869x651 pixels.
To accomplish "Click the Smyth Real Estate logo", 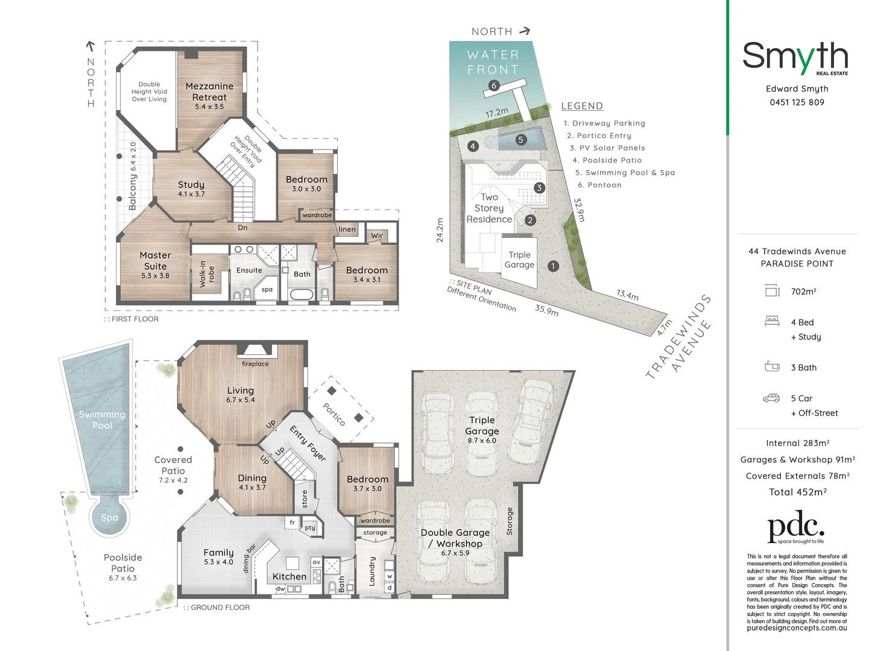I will [x=795, y=58].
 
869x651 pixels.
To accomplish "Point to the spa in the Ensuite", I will [x=267, y=289].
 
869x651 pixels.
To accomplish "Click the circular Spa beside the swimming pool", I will [x=109, y=517].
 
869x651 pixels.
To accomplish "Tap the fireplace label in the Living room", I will [x=255, y=363].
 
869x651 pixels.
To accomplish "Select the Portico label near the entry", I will [x=334, y=415].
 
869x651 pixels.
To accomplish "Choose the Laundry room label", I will [x=371, y=571].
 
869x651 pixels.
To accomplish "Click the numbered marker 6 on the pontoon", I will [x=494, y=86].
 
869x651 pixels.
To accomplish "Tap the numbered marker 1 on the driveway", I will [x=553, y=266].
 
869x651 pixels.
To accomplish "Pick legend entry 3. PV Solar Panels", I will [x=607, y=148].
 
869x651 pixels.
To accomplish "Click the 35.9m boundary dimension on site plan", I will [x=546, y=310].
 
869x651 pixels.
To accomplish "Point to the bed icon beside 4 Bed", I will [x=772, y=322].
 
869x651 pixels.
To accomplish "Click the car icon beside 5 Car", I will [x=771, y=398].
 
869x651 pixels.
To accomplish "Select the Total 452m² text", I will [x=797, y=492].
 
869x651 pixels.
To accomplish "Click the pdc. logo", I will [x=796, y=527].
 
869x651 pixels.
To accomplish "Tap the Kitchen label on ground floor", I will [x=289, y=576].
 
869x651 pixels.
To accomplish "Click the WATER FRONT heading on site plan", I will [x=493, y=62].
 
